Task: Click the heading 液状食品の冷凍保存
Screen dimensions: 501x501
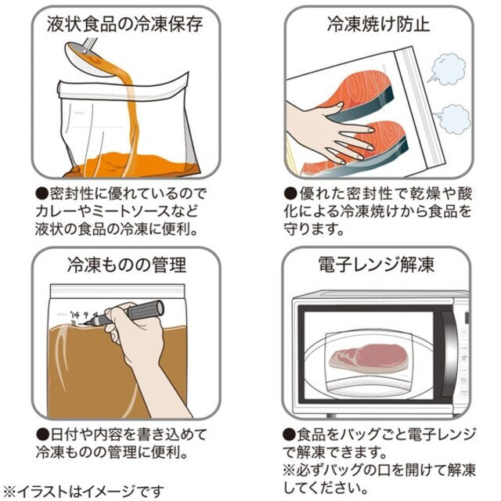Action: point(125,24)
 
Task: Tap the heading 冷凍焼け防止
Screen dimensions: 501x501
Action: point(378,24)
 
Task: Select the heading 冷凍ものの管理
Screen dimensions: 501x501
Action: point(127,265)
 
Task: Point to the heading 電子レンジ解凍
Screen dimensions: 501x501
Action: point(377,265)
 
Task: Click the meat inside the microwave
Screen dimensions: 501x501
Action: point(369,358)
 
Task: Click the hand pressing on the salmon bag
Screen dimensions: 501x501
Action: point(329,131)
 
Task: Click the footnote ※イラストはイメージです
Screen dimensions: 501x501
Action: point(83,491)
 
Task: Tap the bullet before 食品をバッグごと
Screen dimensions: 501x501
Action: point(290,434)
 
